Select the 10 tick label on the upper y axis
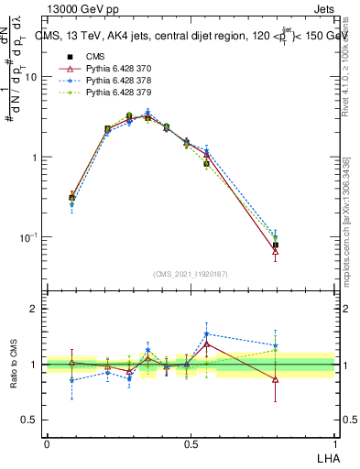click(x=30, y=77)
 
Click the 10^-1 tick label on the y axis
click(x=28, y=237)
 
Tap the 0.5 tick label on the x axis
click(x=191, y=444)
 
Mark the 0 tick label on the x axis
click(x=47, y=444)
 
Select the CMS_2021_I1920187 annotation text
click(x=191, y=274)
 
